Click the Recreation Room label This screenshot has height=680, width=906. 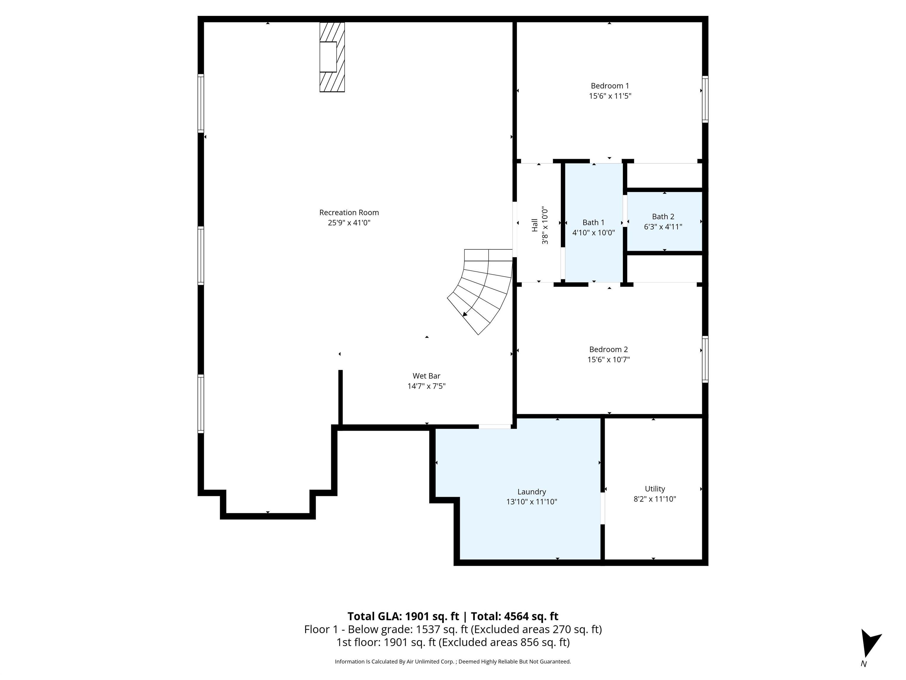pyautogui.click(x=349, y=212)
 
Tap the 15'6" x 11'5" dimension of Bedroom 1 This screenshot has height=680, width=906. pyautogui.click(x=610, y=96)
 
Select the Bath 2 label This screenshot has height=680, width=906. pyautogui.click(x=663, y=216)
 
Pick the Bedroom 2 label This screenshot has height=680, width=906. pyautogui.click(x=608, y=349)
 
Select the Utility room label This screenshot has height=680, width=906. pyautogui.click(x=654, y=488)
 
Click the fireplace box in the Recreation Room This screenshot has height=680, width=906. pyautogui.click(x=328, y=57)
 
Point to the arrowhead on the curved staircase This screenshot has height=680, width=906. pyautogui.click(x=465, y=314)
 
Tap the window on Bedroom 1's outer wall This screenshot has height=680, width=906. pyautogui.click(x=705, y=99)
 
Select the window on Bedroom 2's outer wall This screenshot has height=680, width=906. pyautogui.click(x=705, y=359)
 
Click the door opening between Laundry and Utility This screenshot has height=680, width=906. pyautogui.click(x=603, y=508)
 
